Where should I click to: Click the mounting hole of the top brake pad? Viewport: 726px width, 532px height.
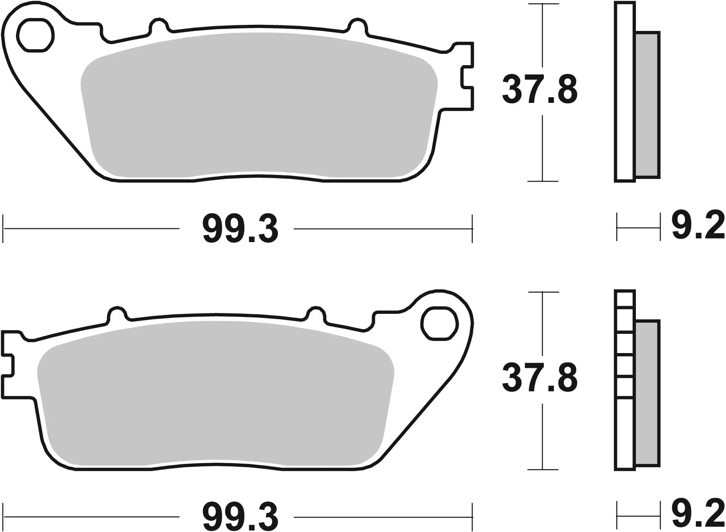pyautogui.click(x=35, y=35)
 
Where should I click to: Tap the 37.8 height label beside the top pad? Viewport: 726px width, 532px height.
pyautogui.click(x=540, y=90)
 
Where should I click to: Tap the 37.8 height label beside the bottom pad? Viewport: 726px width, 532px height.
pyautogui.click(x=540, y=377)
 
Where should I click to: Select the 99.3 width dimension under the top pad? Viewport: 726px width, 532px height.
pyautogui.click(x=240, y=230)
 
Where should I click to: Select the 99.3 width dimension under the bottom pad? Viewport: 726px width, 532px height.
pyautogui.click(x=240, y=517)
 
